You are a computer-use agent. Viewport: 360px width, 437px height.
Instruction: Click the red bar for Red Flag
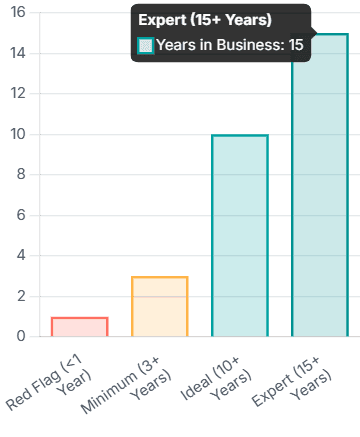79,326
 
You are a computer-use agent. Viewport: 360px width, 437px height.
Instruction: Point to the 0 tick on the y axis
22,337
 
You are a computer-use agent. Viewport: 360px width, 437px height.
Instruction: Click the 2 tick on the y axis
22,297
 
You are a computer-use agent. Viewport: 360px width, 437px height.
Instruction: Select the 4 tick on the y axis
22,256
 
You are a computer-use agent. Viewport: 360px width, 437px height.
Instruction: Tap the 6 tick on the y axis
22,216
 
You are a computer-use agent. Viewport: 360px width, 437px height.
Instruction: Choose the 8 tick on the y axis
22,175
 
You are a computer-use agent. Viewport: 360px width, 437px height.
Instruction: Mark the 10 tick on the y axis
19,135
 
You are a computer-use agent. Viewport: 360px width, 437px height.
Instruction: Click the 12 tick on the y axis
19,94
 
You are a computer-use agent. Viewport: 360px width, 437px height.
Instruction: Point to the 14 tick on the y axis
19,54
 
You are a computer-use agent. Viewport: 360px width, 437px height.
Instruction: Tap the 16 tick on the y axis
19,13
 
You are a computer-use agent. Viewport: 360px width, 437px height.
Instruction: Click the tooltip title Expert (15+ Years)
205,20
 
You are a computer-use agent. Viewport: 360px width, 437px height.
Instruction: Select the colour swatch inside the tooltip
146,44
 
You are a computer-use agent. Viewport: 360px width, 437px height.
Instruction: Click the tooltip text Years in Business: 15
230,44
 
